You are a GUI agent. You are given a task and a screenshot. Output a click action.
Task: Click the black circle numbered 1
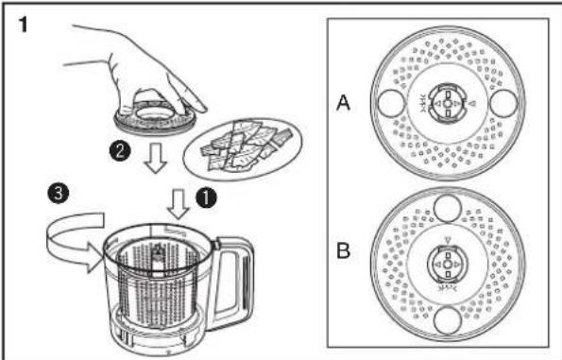[206, 198]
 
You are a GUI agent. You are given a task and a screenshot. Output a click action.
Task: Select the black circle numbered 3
[58, 194]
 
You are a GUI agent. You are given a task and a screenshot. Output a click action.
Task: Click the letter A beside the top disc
[344, 103]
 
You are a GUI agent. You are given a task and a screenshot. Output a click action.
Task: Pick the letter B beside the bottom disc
[344, 250]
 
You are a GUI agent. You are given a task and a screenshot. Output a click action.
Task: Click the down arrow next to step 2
[156, 158]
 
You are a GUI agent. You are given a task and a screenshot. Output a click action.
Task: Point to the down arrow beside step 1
[179, 204]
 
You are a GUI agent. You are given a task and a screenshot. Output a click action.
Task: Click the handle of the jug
[233, 280]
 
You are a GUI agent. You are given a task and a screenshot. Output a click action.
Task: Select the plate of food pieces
[243, 149]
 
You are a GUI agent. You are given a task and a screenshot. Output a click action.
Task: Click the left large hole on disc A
[392, 103]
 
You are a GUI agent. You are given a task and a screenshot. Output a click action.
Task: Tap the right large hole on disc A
[503, 103]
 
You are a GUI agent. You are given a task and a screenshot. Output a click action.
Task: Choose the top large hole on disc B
[448, 208]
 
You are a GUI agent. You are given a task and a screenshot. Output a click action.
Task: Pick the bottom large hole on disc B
[448, 320]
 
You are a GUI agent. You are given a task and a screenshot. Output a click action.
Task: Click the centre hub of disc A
[448, 103]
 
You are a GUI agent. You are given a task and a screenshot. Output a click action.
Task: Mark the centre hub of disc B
[448, 265]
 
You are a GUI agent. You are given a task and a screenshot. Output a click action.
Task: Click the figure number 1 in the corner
[23, 26]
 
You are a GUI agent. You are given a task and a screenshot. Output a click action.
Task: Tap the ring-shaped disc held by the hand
[155, 117]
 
